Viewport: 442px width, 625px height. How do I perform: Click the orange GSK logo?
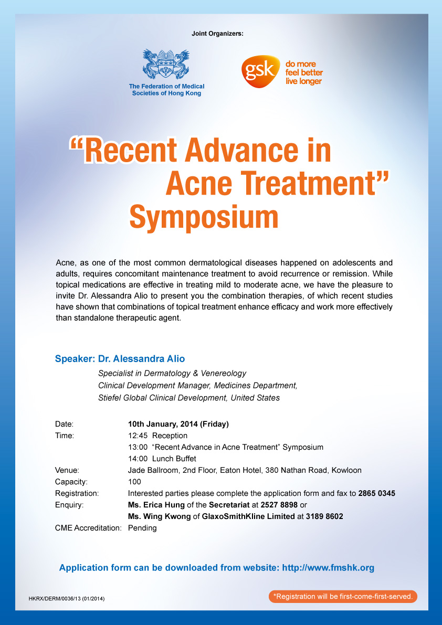tap(259, 71)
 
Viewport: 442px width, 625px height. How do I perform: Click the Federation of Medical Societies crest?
tap(166, 64)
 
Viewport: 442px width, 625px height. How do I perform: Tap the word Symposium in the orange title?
tap(204, 217)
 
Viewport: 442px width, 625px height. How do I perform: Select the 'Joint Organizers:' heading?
tap(217, 34)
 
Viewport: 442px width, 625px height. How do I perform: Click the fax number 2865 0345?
tap(376, 493)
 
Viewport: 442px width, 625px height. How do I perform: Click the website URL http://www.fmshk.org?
tap(328, 568)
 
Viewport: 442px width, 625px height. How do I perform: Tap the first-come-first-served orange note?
tap(343, 596)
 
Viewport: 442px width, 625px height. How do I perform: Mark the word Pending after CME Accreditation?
tap(142, 528)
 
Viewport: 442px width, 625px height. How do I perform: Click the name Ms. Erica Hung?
tap(156, 505)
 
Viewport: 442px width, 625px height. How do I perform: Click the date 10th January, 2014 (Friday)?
tap(178, 424)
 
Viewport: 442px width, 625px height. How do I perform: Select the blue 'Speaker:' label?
tap(75, 359)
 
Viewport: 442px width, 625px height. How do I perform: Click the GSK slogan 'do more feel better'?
tap(304, 68)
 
